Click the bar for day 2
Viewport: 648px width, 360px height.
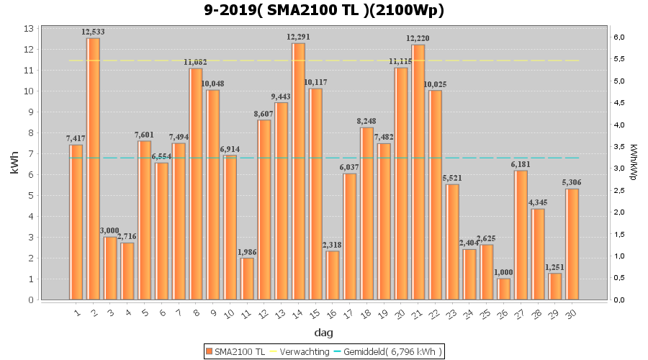93,168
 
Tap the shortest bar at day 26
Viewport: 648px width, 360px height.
504,289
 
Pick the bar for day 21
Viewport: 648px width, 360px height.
418,172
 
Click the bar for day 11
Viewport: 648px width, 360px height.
247,279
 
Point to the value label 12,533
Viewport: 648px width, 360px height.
94,32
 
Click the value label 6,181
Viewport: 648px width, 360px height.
521,165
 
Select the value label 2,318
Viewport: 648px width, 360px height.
333,246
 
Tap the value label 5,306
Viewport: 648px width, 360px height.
572,183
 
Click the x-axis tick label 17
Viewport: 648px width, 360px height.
349,313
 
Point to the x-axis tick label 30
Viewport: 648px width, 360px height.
572,313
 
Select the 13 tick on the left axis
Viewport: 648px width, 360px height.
29,29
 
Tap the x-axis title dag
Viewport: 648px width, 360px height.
323,333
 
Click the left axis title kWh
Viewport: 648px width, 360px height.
14,164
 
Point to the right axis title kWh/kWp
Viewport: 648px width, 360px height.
634,164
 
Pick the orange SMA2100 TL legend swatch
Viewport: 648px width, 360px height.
210,351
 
